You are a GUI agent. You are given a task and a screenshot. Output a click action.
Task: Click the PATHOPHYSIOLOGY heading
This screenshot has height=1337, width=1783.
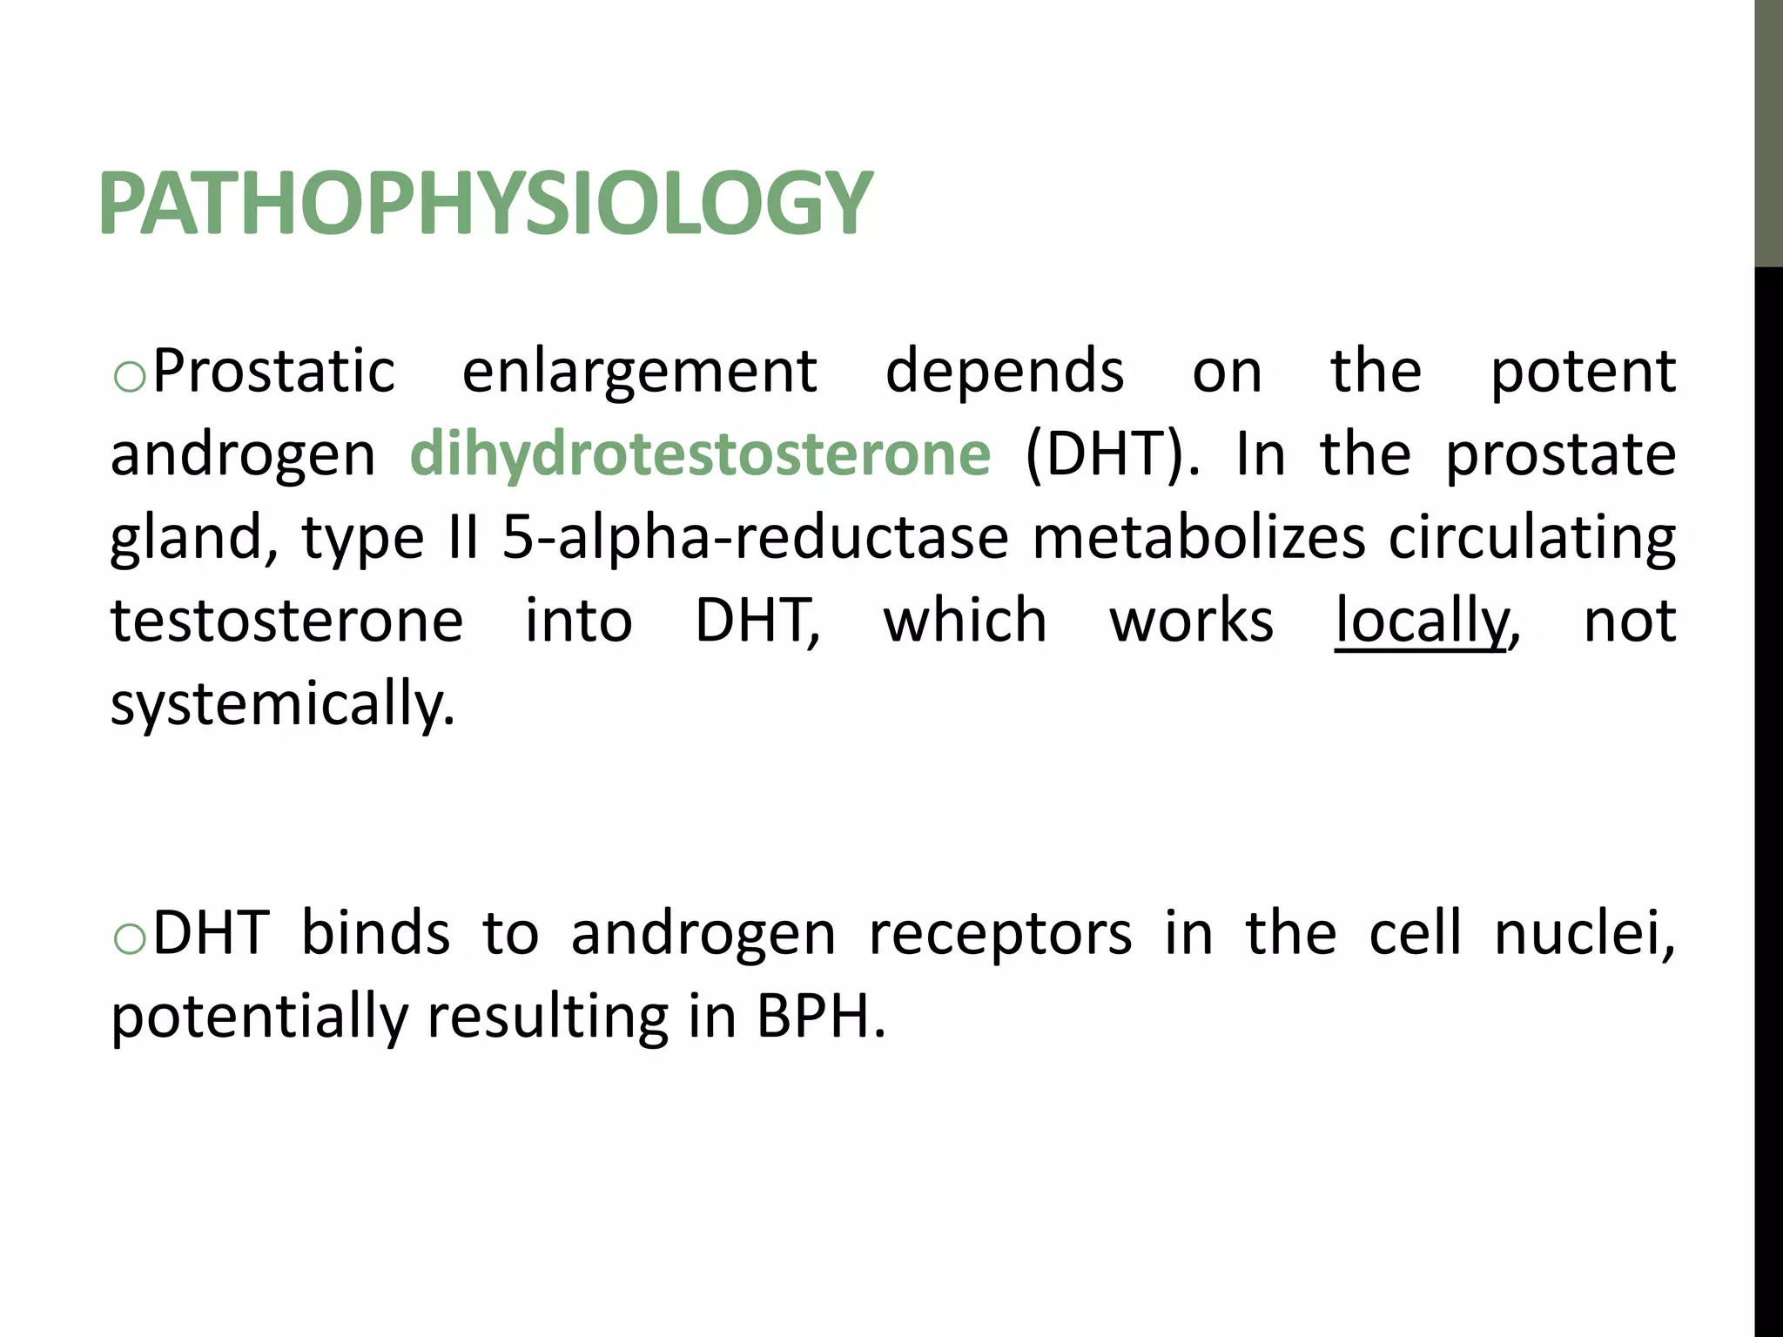pyautogui.click(x=485, y=204)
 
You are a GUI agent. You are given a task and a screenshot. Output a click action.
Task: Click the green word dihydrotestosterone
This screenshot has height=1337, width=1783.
pyautogui.click(x=700, y=454)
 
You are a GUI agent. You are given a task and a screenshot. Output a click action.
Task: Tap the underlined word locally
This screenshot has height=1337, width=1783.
pyautogui.click(x=1422, y=621)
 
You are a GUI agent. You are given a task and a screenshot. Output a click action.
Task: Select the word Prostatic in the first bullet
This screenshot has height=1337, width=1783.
pyautogui.click(x=273, y=372)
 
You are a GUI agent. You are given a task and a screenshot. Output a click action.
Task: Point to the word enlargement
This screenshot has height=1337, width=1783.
pyautogui.click(x=639, y=372)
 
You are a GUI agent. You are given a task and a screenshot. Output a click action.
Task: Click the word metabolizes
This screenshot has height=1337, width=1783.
pyautogui.click(x=1199, y=538)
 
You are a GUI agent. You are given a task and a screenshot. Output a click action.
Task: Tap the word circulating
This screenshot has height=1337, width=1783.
pyautogui.click(x=1532, y=538)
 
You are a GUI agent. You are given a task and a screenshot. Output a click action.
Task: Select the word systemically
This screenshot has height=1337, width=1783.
pyautogui.click(x=282, y=705)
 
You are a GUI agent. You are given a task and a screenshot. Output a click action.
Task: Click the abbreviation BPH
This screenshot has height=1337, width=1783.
pyautogui.click(x=820, y=1017)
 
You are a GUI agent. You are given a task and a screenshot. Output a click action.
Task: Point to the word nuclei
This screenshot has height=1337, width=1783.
pyautogui.click(x=1584, y=933)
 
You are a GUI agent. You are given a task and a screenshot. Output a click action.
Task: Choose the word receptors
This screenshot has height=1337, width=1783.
pyautogui.click(x=1000, y=933)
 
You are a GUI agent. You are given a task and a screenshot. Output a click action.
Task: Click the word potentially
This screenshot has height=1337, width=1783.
pyautogui.click(x=259, y=1017)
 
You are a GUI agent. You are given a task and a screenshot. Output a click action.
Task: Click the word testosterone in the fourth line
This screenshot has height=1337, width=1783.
pyautogui.click(x=286, y=621)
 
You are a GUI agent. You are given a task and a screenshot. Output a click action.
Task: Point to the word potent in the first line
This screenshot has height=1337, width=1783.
pyautogui.click(x=1583, y=372)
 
